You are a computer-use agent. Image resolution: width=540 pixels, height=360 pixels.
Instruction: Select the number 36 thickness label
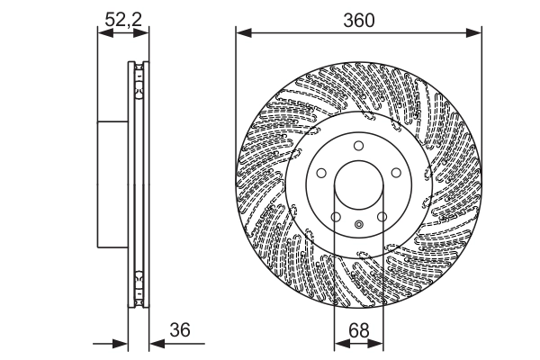(x=180, y=330)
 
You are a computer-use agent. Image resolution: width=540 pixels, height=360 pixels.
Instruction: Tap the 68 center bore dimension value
(x=358, y=330)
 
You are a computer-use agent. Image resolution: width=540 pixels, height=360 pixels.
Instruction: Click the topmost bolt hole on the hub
(x=357, y=146)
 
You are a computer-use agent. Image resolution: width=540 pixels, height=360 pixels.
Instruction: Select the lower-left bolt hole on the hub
(x=335, y=216)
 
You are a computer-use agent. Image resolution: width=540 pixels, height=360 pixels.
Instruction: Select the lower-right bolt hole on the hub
(x=381, y=216)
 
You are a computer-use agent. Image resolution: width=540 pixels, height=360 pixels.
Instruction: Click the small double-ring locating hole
(x=358, y=225)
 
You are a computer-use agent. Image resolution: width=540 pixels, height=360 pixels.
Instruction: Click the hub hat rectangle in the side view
(x=112, y=184)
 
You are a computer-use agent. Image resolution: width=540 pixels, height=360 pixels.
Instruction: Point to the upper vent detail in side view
(x=138, y=81)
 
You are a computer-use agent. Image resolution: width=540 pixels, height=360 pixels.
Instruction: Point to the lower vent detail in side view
(x=138, y=286)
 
